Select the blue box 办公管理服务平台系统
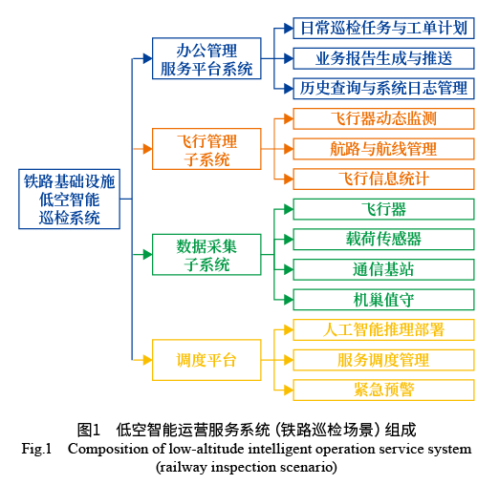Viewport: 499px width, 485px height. (207, 59)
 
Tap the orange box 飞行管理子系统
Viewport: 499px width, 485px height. (207, 150)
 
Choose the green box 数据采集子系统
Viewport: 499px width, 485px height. (207, 255)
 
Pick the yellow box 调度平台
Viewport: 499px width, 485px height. (207, 360)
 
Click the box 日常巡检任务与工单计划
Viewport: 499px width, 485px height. (383, 29)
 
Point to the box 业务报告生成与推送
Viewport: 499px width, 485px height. (383, 58)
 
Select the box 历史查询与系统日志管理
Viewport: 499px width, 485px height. (383, 88)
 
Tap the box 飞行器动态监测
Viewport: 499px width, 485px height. (383, 119)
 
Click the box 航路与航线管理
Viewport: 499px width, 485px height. (383, 149)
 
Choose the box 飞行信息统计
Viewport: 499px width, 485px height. (383, 179)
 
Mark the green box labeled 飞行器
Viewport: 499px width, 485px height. (383, 209)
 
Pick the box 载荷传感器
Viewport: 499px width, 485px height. (383, 239)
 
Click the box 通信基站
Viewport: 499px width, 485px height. (383, 269)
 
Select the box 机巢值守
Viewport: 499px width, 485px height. (383, 300)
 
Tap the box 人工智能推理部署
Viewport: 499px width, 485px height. (383, 329)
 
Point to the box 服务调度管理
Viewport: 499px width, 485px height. (383, 359)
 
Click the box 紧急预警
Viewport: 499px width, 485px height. (383, 389)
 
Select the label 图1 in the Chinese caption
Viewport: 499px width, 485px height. (89, 429)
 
